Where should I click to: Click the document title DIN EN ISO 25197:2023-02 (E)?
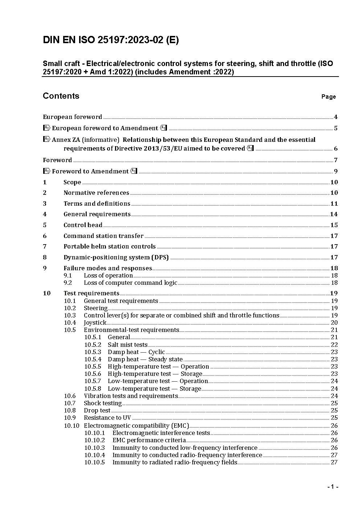(x=111, y=40)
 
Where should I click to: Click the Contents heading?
(x=61, y=96)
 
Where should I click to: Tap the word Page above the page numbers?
(x=328, y=97)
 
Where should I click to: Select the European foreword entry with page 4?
(x=73, y=117)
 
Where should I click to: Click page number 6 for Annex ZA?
(x=336, y=148)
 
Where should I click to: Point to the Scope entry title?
(x=72, y=182)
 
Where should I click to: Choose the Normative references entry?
(x=96, y=193)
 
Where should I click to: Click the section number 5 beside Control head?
(x=45, y=225)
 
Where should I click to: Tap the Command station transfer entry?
(x=103, y=236)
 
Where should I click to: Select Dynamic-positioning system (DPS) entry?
(x=116, y=257)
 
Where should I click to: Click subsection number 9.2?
(x=68, y=283)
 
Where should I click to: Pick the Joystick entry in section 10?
(x=95, y=323)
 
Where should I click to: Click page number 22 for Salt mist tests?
(x=334, y=345)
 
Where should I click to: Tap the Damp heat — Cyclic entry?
(x=136, y=352)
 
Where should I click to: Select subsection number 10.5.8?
(x=93, y=389)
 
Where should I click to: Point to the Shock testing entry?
(x=103, y=403)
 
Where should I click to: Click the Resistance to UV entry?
(x=107, y=418)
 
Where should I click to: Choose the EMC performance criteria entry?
(x=149, y=440)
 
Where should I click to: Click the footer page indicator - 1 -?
(x=332, y=487)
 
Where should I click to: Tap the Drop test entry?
(x=97, y=410)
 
